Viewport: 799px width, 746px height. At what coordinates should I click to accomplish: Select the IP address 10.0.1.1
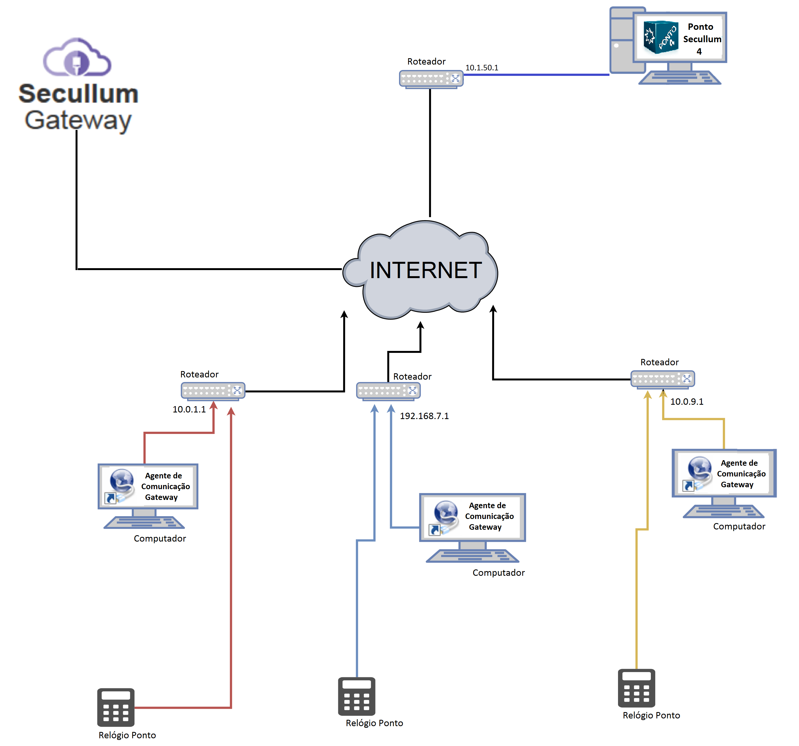pyautogui.click(x=189, y=409)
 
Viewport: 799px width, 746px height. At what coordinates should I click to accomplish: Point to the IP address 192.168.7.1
pyautogui.click(x=424, y=416)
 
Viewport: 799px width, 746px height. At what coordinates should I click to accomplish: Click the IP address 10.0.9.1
pyautogui.click(x=686, y=401)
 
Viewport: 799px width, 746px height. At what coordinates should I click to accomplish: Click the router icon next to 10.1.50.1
pyautogui.click(x=431, y=79)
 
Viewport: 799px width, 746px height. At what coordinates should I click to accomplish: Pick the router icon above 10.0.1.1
pyautogui.click(x=213, y=391)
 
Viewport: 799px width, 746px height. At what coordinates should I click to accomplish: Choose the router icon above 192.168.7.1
pyautogui.click(x=388, y=391)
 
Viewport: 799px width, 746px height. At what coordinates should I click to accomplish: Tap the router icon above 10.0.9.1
pyautogui.click(x=662, y=379)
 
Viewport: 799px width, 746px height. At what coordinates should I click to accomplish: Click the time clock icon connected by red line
pyautogui.click(x=116, y=707)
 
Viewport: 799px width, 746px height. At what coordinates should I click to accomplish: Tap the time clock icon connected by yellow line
pyautogui.click(x=636, y=688)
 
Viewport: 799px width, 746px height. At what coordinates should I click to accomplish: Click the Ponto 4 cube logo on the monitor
pyautogui.click(x=660, y=37)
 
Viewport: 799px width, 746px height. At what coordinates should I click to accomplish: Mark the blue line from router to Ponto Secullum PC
pyautogui.click(x=537, y=75)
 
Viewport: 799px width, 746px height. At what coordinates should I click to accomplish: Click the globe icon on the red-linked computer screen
pyautogui.click(x=122, y=480)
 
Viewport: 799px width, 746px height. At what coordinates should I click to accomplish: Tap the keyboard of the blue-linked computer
pyautogui.click(x=472, y=556)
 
